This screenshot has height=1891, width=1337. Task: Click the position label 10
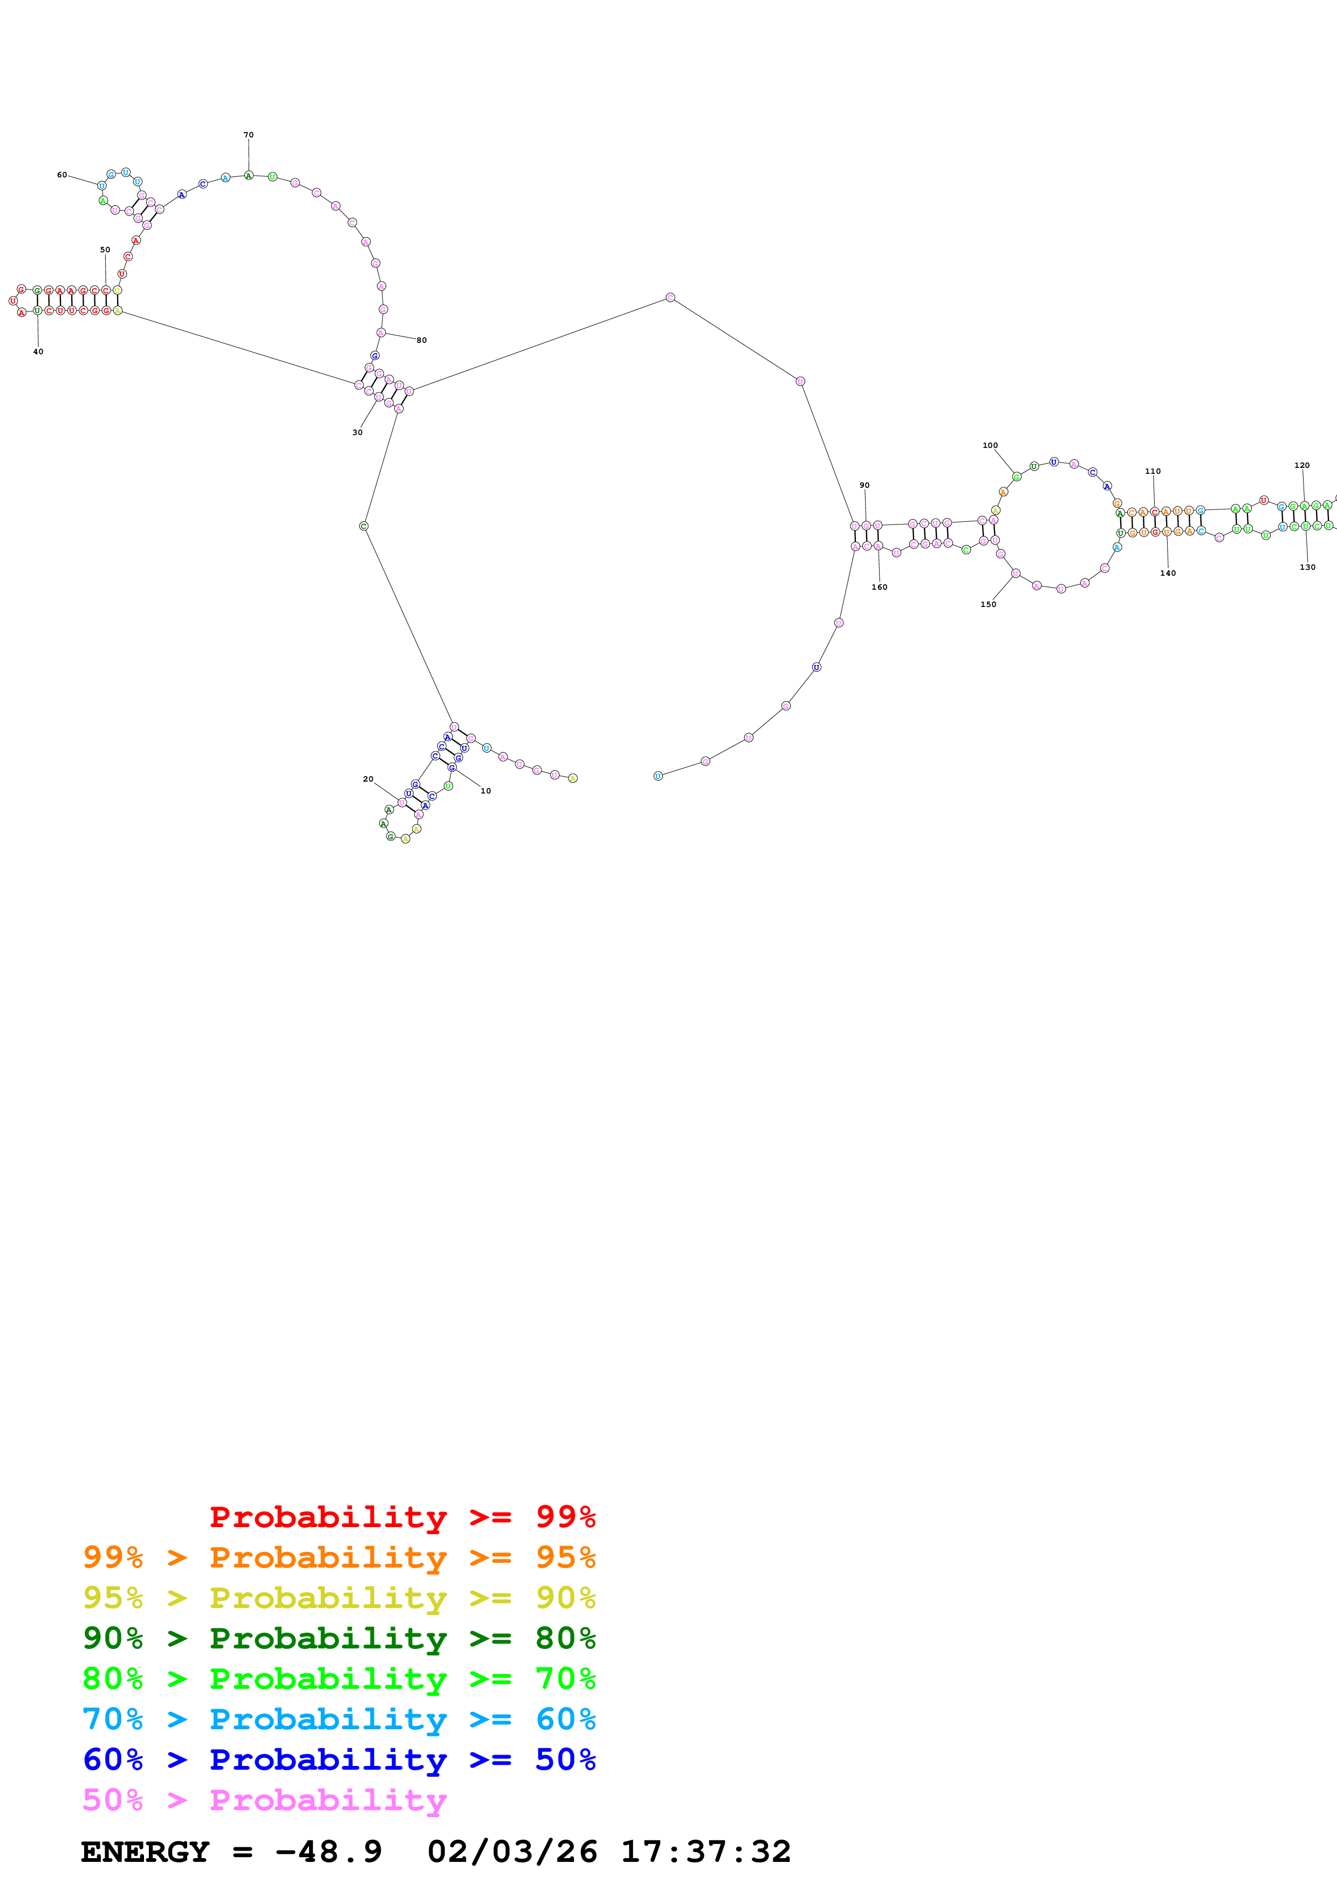point(485,791)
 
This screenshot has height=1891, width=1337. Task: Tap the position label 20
point(368,779)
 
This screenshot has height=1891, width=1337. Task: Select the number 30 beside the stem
point(358,432)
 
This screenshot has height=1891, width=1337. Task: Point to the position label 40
point(38,351)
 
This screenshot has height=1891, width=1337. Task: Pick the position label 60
point(62,175)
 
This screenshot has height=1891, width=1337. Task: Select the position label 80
point(422,340)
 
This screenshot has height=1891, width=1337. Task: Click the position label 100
point(990,446)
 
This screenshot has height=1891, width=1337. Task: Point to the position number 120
point(1301,465)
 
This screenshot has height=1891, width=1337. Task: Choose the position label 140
point(1168,573)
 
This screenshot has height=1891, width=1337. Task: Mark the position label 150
point(989,604)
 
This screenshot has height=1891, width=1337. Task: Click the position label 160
point(880,587)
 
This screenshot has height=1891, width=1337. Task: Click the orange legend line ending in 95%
point(339,1557)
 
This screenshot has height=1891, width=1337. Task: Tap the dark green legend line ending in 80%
point(339,1638)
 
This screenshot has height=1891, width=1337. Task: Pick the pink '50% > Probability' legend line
point(264,1799)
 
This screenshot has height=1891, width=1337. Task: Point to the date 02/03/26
point(512,1852)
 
